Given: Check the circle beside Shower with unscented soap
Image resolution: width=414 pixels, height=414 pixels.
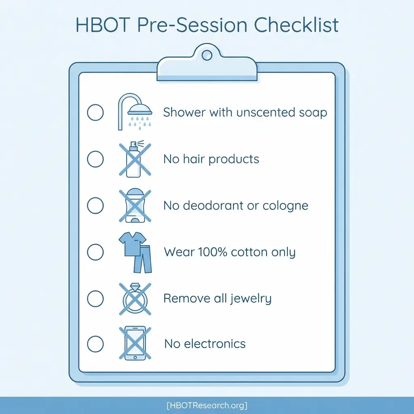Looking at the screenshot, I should click(95, 112).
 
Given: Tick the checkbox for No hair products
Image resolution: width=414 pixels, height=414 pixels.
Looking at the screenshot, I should click(95, 159).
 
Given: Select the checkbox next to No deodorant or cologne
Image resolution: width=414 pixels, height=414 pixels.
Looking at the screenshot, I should click(95, 205).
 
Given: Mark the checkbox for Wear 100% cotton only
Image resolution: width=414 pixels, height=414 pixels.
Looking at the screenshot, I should click(95, 252).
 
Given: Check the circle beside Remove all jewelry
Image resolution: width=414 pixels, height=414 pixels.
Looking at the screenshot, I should click(95, 299).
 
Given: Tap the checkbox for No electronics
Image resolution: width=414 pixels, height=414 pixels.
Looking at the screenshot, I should click(95, 344).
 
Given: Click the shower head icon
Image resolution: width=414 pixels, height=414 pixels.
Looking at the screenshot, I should click(135, 111).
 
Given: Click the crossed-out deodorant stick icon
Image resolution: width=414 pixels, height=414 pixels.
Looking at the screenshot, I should click(135, 206).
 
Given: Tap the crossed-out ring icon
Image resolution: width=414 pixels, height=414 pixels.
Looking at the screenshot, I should click(135, 299).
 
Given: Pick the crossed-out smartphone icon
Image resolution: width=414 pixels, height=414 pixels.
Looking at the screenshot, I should click(135, 344).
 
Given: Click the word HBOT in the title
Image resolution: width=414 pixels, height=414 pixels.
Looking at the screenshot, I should click(101, 25).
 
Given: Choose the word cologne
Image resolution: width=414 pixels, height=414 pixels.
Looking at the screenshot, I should click(285, 205).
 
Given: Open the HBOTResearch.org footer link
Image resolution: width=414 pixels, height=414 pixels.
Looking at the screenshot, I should click(207, 405).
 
